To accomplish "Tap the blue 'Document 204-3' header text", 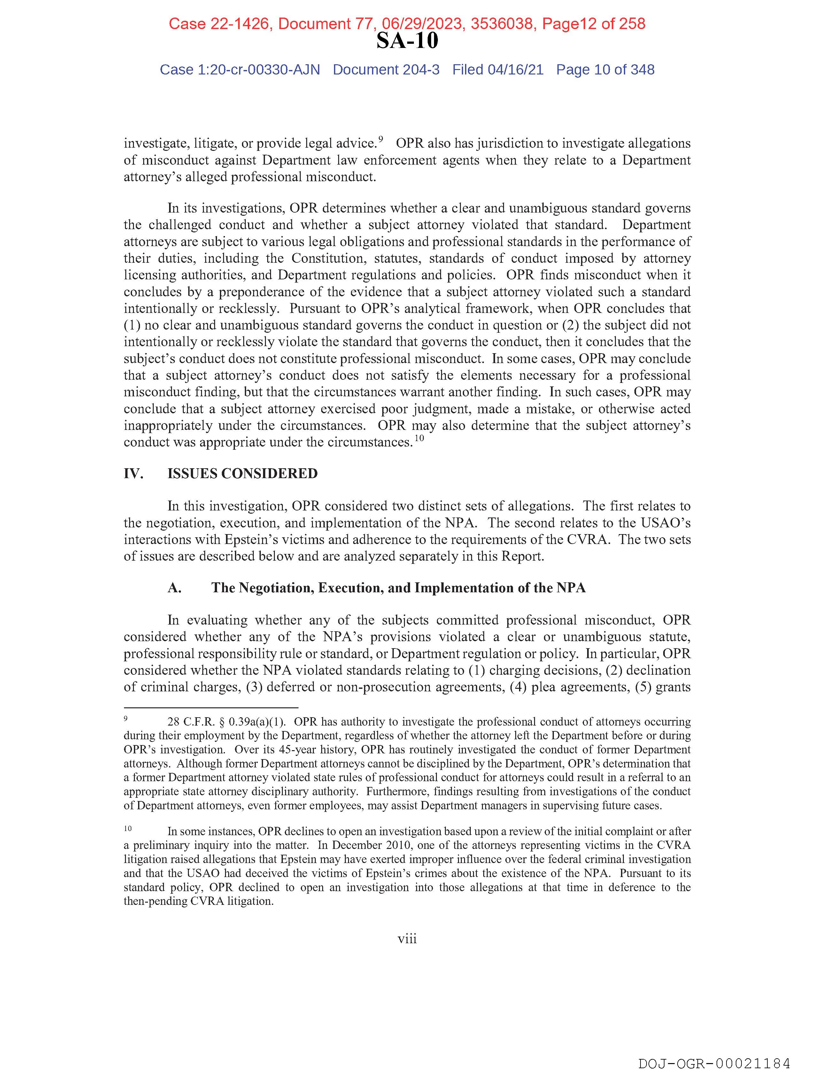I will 386,70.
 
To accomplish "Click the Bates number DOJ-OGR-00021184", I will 714,1063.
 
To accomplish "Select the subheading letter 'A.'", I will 175,588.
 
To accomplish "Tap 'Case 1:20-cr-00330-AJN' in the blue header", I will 240,70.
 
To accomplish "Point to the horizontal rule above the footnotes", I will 211,708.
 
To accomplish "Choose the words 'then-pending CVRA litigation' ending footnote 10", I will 199,901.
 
